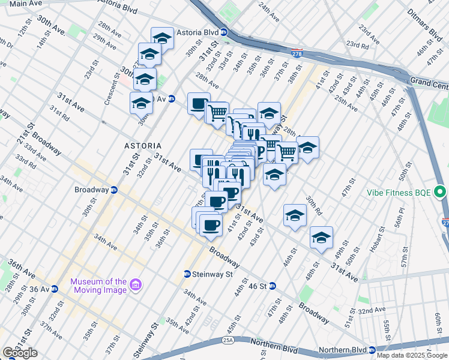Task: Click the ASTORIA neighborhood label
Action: point(143,146)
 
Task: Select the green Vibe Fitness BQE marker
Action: point(441,193)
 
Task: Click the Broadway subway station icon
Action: point(114,190)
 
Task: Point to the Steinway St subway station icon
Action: point(187,274)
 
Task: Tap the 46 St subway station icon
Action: point(271,286)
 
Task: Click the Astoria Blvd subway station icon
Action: point(223,32)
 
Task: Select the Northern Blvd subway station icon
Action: point(372,350)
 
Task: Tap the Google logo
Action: point(20,353)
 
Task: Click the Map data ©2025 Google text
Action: point(412,355)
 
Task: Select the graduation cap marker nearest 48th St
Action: point(321,238)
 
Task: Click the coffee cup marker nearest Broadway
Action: point(210,226)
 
